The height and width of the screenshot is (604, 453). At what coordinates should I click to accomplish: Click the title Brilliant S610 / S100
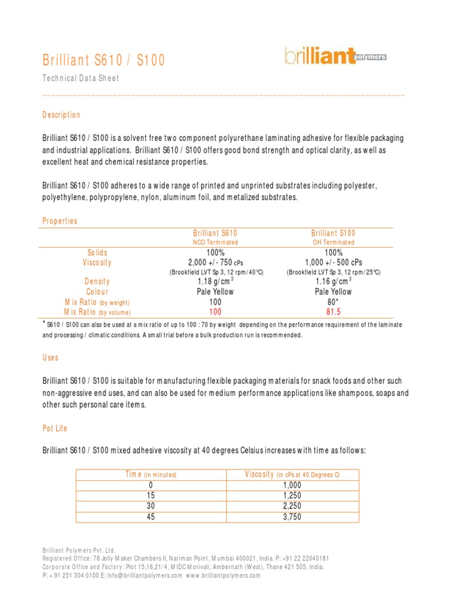click(104, 60)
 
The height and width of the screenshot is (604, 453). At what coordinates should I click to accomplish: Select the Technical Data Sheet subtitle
click(81, 78)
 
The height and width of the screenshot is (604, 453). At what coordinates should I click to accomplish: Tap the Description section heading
click(61, 114)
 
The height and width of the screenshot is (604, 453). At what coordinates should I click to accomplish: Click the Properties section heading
click(60, 221)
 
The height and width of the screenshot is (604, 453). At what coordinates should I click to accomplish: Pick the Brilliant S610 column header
click(215, 233)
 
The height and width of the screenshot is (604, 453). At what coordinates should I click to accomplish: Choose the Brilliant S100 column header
click(333, 233)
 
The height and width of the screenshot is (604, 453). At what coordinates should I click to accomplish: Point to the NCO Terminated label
click(215, 242)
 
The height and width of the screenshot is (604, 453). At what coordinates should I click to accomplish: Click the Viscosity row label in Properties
click(97, 262)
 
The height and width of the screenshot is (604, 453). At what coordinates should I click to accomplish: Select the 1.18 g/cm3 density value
click(215, 281)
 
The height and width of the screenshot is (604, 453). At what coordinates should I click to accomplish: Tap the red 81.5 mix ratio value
click(333, 311)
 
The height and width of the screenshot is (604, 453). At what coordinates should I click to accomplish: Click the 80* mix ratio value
click(333, 301)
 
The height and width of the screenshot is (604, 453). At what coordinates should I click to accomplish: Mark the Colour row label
click(97, 291)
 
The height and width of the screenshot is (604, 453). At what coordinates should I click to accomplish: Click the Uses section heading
click(50, 358)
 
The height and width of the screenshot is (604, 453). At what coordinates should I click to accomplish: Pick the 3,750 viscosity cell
click(292, 516)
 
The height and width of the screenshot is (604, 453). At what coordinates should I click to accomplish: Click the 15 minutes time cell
click(152, 495)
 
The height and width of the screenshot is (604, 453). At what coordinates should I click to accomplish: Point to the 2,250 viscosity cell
click(292, 505)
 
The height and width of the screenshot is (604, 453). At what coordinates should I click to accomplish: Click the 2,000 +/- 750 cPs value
click(215, 262)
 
